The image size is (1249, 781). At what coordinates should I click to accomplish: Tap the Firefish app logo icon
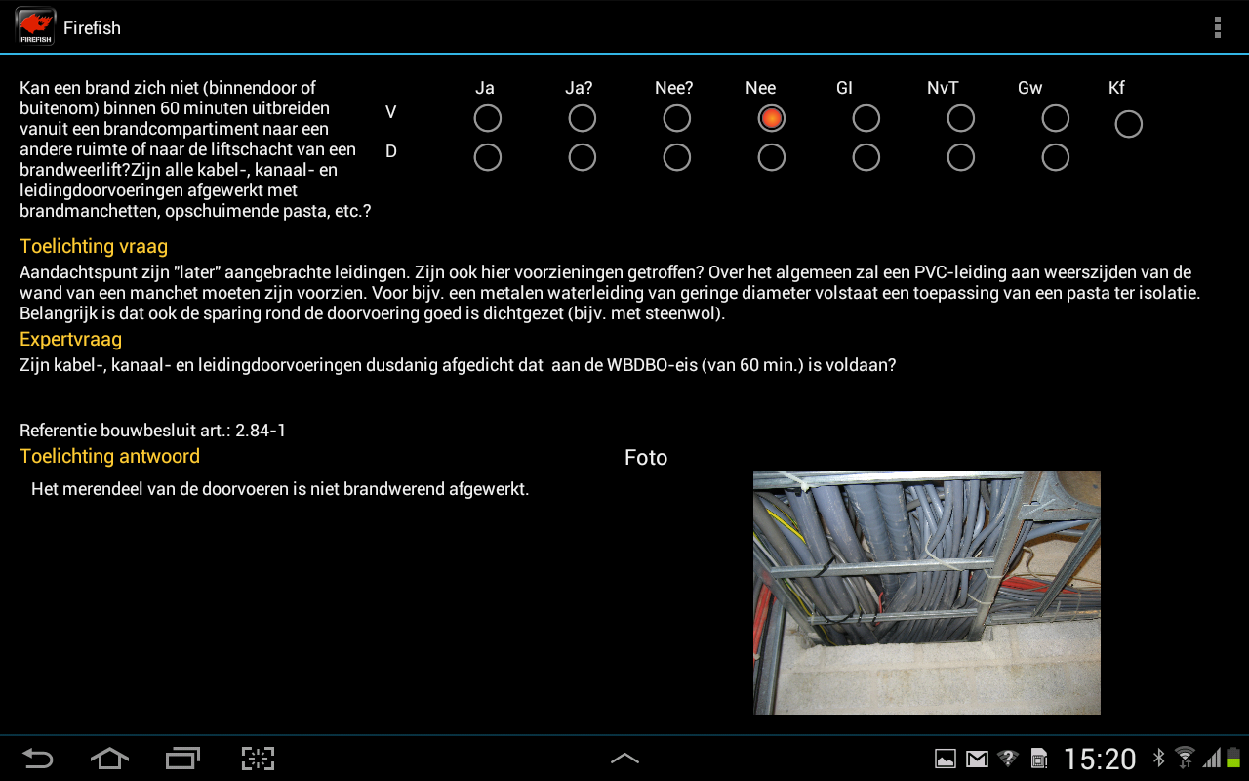click(35, 26)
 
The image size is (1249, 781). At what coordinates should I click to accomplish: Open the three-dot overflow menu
click(1217, 27)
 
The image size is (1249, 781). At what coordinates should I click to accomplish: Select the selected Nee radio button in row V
click(771, 118)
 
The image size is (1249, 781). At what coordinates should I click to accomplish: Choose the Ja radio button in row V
click(487, 118)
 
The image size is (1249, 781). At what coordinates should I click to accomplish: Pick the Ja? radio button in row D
click(583, 157)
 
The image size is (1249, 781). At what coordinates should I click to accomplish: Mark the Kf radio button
click(1129, 124)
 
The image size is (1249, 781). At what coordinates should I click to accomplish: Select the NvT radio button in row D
click(961, 157)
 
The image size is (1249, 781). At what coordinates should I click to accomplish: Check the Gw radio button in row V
click(1056, 118)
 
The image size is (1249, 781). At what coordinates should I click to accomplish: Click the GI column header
click(844, 88)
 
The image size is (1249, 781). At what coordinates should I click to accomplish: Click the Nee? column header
click(673, 88)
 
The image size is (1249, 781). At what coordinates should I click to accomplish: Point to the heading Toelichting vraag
click(94, 246)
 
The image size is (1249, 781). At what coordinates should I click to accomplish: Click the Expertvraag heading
click(71, 339)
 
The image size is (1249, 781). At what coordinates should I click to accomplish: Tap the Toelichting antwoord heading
click(110, 456)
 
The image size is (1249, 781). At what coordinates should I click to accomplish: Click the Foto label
click(646, 458)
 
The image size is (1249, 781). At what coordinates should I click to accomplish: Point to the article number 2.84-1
click(261, 431)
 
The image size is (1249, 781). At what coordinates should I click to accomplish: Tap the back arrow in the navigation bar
click(37, 759)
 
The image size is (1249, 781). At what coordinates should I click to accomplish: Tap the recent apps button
click(182, 759)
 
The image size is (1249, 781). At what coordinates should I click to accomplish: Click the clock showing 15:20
click(1100, 760)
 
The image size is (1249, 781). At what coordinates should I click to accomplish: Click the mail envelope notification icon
click(977, 760)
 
